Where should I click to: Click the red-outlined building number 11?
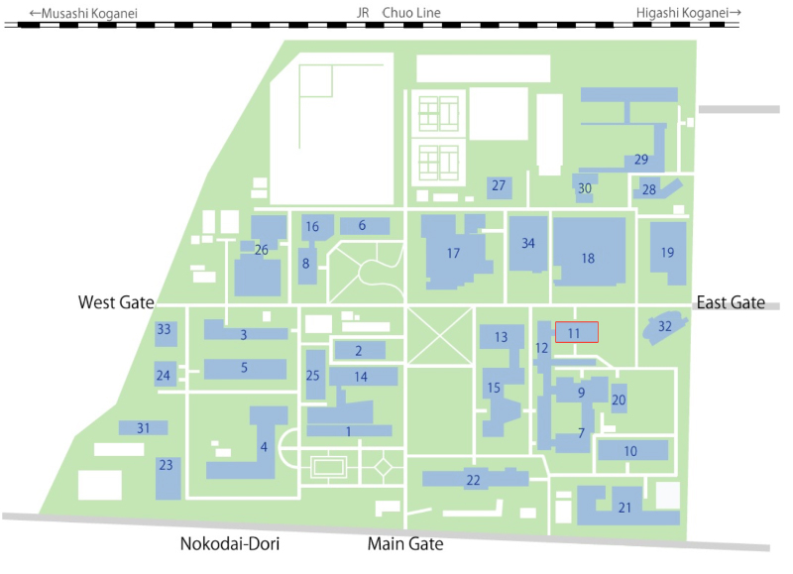576,333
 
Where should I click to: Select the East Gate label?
732,302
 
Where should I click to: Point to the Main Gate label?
405,544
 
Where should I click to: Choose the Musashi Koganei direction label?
83,13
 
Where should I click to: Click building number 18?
588,258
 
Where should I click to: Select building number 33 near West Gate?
165,330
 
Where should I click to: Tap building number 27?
499,185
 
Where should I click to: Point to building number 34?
528,243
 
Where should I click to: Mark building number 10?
631,451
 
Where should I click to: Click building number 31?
144,428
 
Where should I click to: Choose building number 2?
358,350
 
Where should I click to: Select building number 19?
667,253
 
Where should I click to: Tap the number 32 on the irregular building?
665,325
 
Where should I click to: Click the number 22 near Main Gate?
473,480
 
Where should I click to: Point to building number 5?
243,368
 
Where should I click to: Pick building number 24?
164,375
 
